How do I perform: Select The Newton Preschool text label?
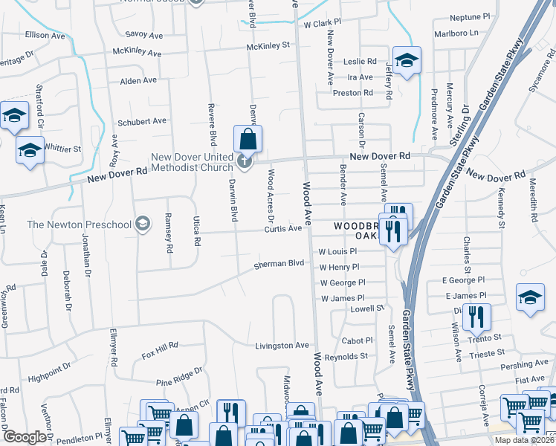click(77, 224)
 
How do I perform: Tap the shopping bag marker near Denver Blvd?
click(248, 139)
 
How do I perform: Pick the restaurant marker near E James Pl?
click(476, 317)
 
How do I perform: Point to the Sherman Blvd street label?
click(279, 264)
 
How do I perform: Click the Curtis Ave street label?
click(283, 228)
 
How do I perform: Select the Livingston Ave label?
click(282, 346)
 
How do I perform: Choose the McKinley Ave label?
click(137, 54)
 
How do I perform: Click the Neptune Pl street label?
click(471, 16)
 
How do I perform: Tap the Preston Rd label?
click(352, 93)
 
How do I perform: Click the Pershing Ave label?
click(525, 364)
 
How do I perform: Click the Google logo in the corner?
click(25, 437)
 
